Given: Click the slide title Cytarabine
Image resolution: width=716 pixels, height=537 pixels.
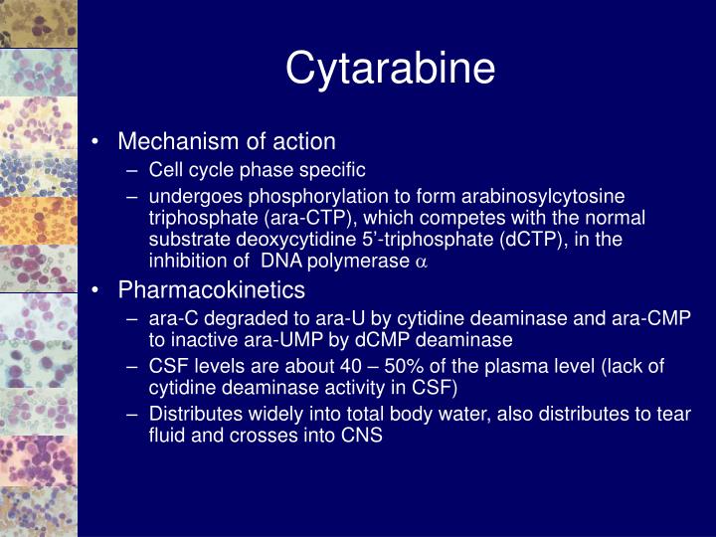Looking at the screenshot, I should coord(390,69).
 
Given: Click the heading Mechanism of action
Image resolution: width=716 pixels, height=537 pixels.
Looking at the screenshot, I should coord(227,141).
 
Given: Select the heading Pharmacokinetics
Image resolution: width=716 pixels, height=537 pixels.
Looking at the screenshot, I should coord(212,289).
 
